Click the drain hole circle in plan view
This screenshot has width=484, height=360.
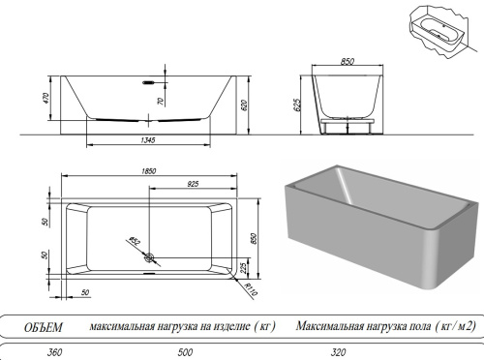pyautogui.click(x=148, y=256)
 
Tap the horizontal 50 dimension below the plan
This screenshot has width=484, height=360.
pyautogui.click(x=84, y=291)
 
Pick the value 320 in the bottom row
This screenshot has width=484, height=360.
pyautogui.click(x=336, y=352)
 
